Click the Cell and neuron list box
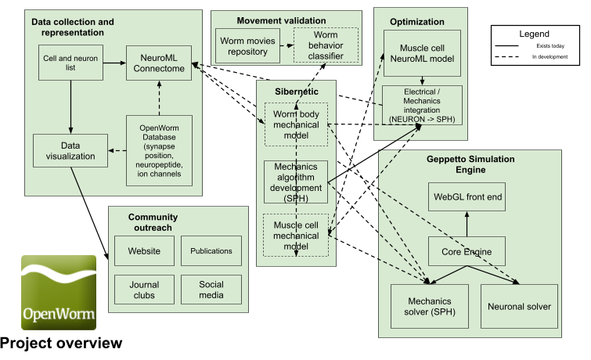[70, 63]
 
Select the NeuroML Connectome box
[159, 63]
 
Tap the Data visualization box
[70, 150]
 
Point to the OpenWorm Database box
[159, 150]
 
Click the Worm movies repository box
[247, 46]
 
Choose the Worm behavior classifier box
[326, 45]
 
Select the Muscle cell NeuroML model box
[422, 53]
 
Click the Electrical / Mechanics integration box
[422, 105]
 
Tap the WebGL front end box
[467, 196]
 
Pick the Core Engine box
[467, 251]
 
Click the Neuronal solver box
[520, 306]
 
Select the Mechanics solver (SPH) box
[430, 306]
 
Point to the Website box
[144, 250]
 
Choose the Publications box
[211, 250]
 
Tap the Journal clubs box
[144, 290]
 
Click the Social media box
[211, 290]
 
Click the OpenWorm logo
[59, 293]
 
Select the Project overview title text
[61, 343]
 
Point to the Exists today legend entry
[530, 46]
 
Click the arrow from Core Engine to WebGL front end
[467, 224]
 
